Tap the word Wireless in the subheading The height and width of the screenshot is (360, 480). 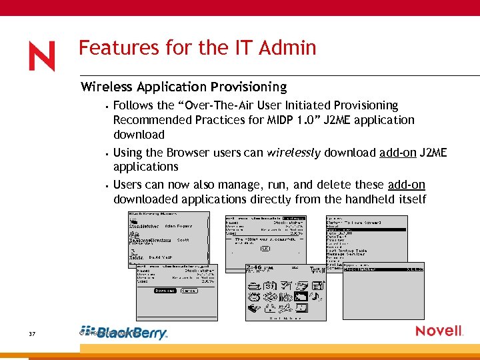point(106,87)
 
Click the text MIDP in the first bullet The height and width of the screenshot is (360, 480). point(278,120)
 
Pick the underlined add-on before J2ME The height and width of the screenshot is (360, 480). point(397,153)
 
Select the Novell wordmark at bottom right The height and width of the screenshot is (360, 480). point(439,331)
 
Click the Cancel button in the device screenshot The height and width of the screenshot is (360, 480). point(189,291)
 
